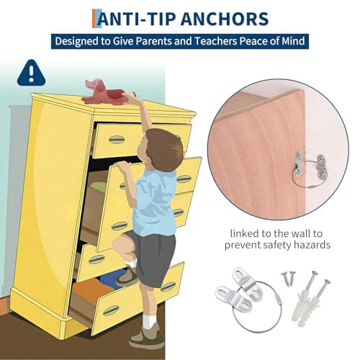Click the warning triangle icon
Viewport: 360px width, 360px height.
(30, 71)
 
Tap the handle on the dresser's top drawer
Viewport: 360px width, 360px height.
(117, 139)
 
